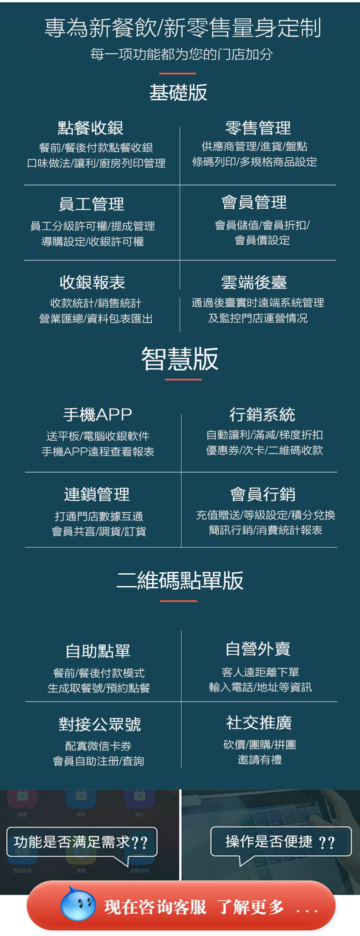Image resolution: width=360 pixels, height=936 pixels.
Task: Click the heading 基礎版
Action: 179,93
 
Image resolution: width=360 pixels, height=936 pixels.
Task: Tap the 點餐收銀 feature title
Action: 91,128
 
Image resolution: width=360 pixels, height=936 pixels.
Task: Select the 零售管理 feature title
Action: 258,128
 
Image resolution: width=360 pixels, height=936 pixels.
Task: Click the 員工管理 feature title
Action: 92,204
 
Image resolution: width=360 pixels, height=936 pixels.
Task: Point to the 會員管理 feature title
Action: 254,202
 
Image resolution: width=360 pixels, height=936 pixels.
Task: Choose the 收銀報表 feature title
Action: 93,283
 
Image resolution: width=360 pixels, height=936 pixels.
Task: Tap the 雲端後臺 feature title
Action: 254,283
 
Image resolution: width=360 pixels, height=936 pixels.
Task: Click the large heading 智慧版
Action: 180,359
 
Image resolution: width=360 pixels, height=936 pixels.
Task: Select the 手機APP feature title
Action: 98,414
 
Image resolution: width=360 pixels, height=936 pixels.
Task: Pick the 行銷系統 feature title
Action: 262,415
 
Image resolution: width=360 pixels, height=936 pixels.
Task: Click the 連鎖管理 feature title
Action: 97,494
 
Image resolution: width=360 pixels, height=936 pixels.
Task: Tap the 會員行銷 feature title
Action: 263,494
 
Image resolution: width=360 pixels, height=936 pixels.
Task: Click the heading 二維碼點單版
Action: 180,581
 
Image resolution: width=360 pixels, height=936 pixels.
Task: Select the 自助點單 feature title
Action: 98,651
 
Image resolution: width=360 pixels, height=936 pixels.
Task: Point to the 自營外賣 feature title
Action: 258,649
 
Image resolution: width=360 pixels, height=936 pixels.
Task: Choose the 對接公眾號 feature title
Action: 100,724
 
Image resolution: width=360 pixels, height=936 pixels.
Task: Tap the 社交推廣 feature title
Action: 259,723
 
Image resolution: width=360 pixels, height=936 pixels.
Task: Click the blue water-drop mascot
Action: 78,904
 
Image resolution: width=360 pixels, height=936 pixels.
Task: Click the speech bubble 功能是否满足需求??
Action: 81,842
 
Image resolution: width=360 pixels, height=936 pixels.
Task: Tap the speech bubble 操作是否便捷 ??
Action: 280,842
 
